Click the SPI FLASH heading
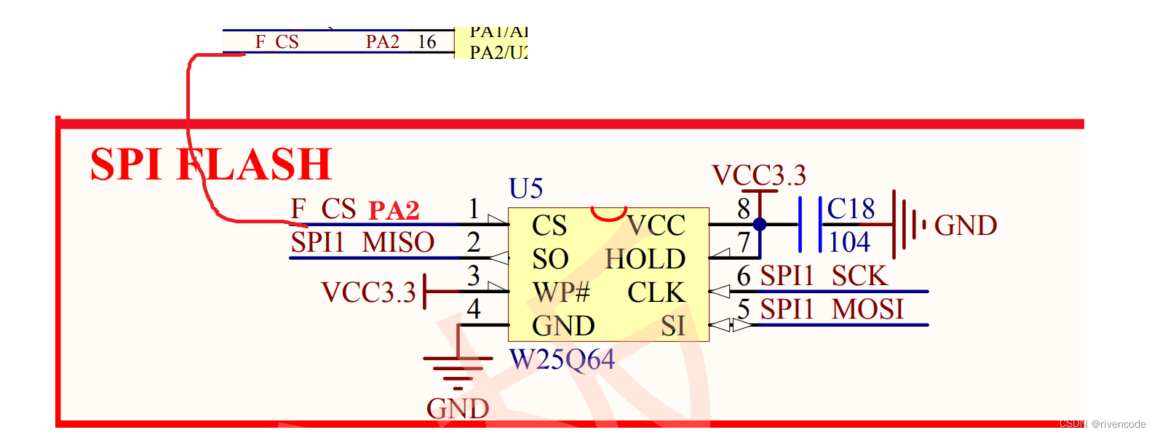(x=211, y=164)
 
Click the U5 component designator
(x=525, y=189)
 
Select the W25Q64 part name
(x=562, y=359)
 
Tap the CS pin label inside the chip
(x=549, y=226)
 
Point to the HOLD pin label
(x=645, y=259)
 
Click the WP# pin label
(x=561, y=292)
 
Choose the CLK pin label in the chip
(x=656, y=292)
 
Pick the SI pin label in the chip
(x=673, y=326)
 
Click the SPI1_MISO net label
(x=362, y=242)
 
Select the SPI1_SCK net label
(x=824, y=276)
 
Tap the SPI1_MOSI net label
(x=832, y=309)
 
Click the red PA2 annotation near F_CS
(x=394, y=210)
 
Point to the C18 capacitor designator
(x=851, y=209)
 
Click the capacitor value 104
(x=849, y=242)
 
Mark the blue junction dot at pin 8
(x=760, y=224)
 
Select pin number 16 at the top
(x=427, y=42)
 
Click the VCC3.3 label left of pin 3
(x=368, y=292)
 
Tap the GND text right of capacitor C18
(x=966, y=226)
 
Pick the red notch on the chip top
(x=608, y=214)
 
